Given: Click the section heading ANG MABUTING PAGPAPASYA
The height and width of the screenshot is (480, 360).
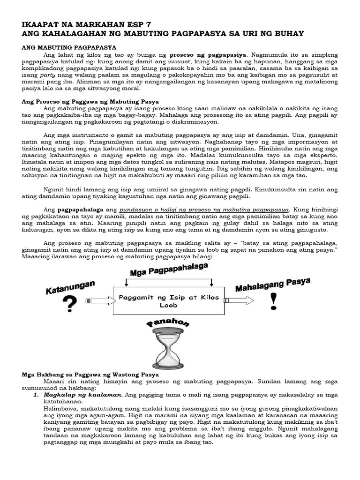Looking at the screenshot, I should pyautogui.click(x=70, y=48).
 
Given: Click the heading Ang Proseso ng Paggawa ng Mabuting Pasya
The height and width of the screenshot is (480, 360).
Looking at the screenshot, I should pyautogui.click(x=91, y=101).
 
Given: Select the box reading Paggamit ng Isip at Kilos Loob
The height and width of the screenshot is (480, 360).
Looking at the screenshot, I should pyautogui.click(x=170, y=300).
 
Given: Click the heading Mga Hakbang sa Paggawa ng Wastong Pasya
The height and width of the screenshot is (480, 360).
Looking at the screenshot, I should pyautogui.click(x=91, y=375).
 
